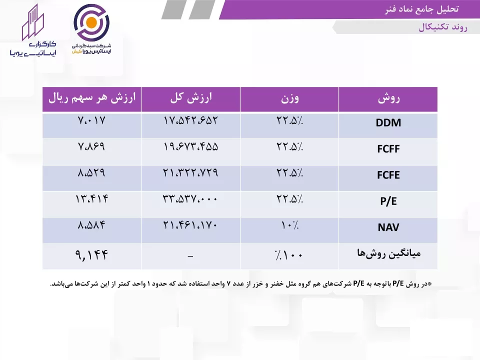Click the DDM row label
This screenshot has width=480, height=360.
coord(388,123)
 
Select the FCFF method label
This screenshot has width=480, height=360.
coord(388,149)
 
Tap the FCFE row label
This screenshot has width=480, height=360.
coord(388,175)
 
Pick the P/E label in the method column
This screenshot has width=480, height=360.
coord(388,201)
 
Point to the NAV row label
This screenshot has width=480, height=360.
coord(388,227)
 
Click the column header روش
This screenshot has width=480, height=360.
coord(388,98)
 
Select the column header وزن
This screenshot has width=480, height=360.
coord(289,98)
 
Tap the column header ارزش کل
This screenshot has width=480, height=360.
coord(191,98)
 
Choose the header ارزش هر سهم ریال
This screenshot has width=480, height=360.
coord(92,98)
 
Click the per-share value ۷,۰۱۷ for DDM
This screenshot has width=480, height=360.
coord(91,120)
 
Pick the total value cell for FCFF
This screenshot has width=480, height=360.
coord(190,146)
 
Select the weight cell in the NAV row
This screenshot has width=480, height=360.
coord(289,225)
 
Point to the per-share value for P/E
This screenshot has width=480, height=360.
coord(92,199)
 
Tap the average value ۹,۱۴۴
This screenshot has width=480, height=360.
coord(92,254)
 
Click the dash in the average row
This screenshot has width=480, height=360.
coord(190,256)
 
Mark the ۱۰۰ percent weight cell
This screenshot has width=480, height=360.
coord(289,254)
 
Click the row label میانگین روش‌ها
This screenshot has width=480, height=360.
coord(389,253)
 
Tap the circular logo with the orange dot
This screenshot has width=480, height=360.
coord(91,22)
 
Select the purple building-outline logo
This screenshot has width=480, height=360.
coord(33,22)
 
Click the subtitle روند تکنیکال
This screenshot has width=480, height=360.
coord(443,27)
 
